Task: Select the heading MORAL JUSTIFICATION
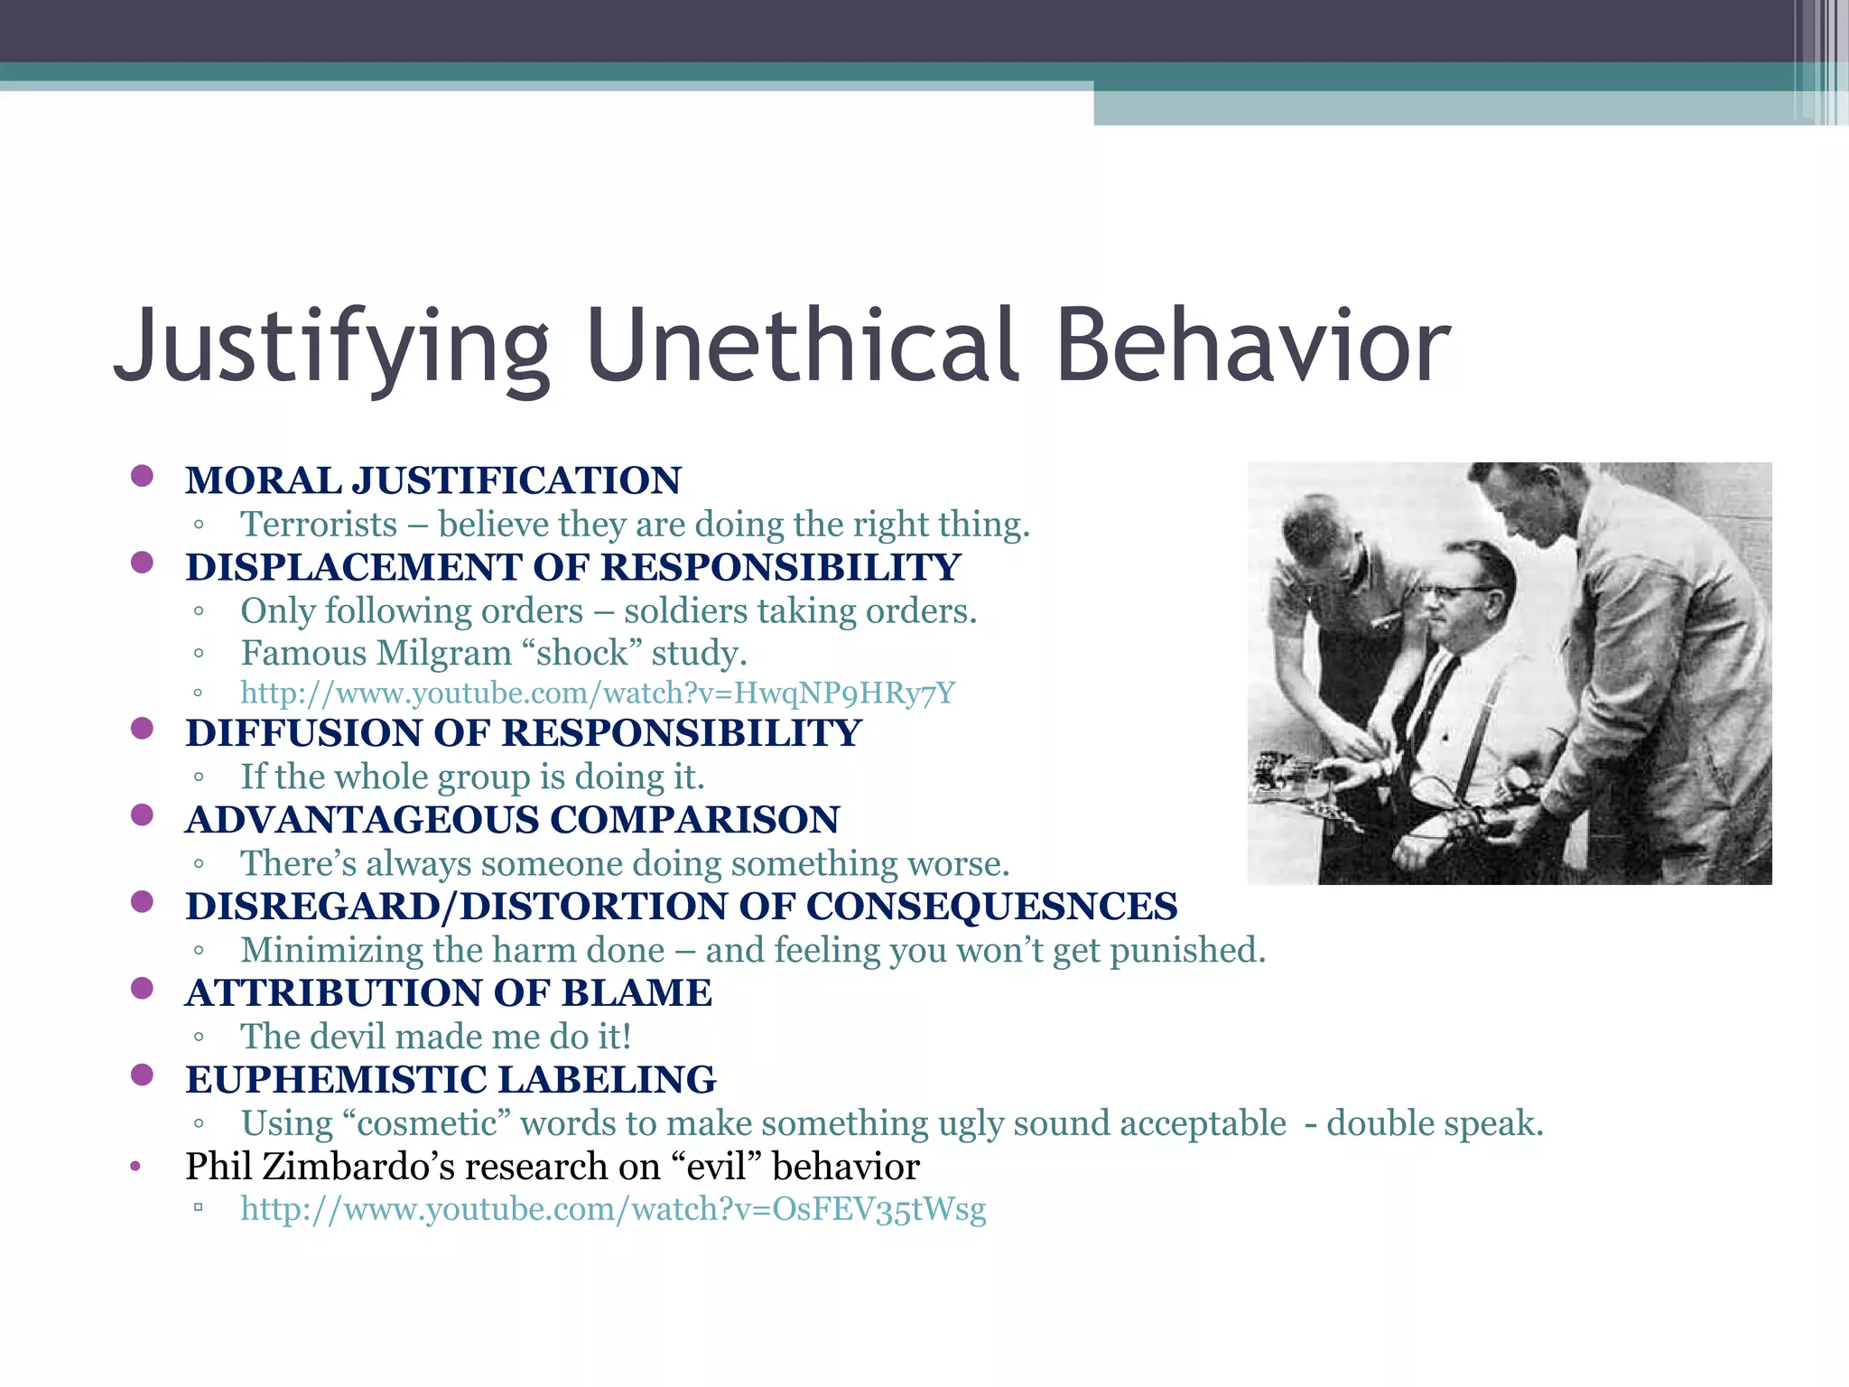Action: (x=433, y=480)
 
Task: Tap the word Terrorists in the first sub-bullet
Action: (x=319, y=525)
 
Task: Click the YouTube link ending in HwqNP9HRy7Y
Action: (x=597, y=693)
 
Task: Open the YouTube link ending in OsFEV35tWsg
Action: (x=613, y=1209)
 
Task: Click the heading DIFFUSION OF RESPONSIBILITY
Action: (x=524, y=733)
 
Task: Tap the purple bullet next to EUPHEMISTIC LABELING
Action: (x=142, y=1075)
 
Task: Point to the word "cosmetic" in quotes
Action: (x=427, y=1123)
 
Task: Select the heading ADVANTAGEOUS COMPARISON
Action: (x=512, y=820)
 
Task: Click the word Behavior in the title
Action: (x=1252, y=347)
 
